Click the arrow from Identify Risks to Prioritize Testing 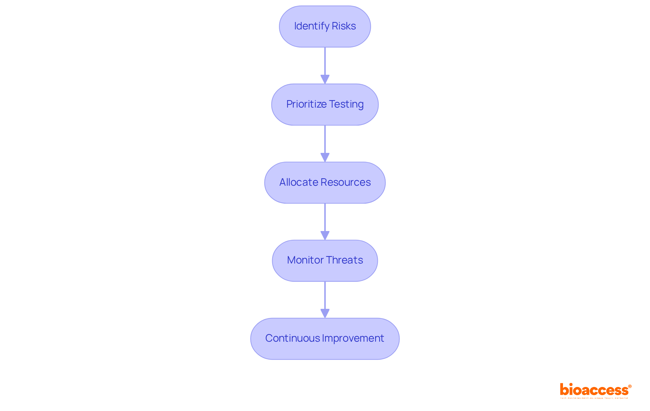click(x=325, y=65)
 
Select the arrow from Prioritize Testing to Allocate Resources click(x=325, y=143)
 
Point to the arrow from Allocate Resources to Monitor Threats click(x=325, y=222)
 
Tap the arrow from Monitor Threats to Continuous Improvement click(x=325, y=299)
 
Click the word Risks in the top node click(x=344, y=26)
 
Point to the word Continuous click(x=292, y=338)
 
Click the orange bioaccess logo click(x=595, y=390)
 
